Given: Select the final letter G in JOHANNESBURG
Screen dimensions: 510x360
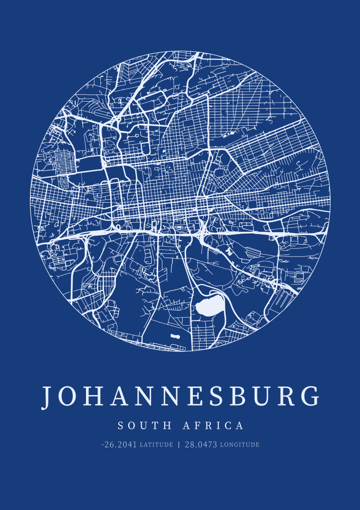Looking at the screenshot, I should [311, 396].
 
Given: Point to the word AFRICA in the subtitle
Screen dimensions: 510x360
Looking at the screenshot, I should [214, 425].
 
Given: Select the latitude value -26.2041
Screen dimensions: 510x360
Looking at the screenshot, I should [119, 445].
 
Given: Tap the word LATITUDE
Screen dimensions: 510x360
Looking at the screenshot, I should [156, 445].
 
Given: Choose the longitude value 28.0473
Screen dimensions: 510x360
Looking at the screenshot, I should [201, 445].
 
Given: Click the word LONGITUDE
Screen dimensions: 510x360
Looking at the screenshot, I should [240, 445].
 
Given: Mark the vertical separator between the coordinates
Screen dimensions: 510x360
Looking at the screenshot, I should [179, 445].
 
